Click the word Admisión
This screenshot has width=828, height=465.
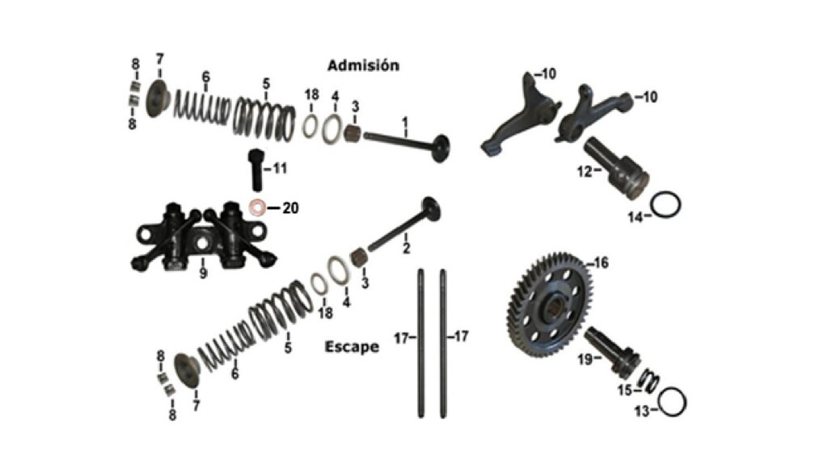[x=363, y=65]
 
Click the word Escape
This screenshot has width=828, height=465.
[x=352, y=347]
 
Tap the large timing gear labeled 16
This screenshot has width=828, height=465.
[x=549, y=305]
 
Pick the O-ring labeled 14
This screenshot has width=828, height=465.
[x=665, y=204]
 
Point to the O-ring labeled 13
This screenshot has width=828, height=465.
[x=672, y=403]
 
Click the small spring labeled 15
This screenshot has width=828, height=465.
[x=648, y=380]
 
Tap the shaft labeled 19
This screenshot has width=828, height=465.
[x=615, y=351]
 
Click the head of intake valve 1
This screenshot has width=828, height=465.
[x=440, y=149]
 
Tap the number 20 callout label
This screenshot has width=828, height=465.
[x=290, y=209]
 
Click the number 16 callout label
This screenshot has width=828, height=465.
[x=601, y=262]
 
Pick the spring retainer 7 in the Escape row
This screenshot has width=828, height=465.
[x=187, y=372]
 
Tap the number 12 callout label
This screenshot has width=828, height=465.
[x=584, y=171]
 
